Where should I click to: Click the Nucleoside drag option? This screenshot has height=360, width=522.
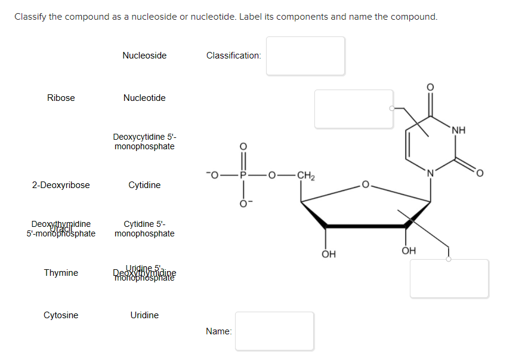pyautogui.click(x=144, y=56)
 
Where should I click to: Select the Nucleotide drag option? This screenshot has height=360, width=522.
pyautogui.click(x=144, y=98)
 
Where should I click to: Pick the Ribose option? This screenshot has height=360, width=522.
pyautogui.click(x=61, y=98)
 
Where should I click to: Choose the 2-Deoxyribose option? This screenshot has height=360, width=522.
pyautogui.click(x=61, y=185)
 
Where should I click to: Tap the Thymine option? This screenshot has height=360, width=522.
pyautogui.click(x=61, y=273)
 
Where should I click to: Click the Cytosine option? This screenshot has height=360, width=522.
pyautogui.click(x=61, y=315)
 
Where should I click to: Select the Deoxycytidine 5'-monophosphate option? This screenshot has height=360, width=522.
pyautogui.click(x=144, y=141)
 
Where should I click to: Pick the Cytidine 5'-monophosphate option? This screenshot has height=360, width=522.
pyautogui.click(x=144, y=229)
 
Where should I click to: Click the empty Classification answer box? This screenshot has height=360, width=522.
pyautogui.click(x=305, y=56)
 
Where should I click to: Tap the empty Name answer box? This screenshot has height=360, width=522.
pyautogui.click(x=274, y=331)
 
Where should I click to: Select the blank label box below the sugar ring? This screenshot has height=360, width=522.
pyautogui.click(x=449, y=278)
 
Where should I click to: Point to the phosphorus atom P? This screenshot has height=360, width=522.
pyautogui.click(x=243, y=176)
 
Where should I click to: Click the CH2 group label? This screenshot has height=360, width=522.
pyautogui.click(x=305, y=176)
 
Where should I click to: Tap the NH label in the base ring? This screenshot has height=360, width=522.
pyautogui.click(x=458, y=130)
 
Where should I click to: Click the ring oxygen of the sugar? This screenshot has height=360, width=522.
pyautogui.click(x=366, y=185)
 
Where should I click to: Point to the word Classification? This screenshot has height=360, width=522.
pyautogui.click(x=233, y=56)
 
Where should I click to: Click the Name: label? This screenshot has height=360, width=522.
pyautogui.click(x=218, y=331)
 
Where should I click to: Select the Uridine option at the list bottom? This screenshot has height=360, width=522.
pyautogui.click(x=144, y=315)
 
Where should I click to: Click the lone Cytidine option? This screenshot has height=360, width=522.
pyautogui.click(x=144, y=185)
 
